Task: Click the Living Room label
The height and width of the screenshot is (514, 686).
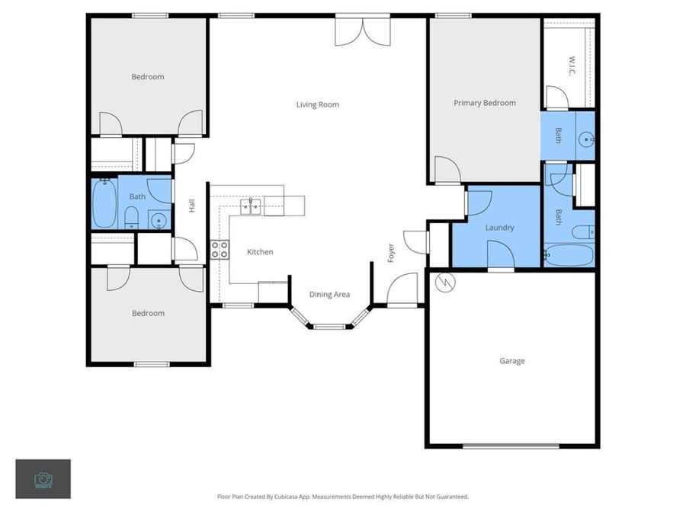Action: (318, 104)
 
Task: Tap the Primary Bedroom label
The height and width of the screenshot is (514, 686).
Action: (485, 103)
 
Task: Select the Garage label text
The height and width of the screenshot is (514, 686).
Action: (512, 361)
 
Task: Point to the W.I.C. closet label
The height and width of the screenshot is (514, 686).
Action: (572, 65)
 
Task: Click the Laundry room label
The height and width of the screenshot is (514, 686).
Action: (499, 228)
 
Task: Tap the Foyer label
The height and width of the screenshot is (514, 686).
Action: (392, 253)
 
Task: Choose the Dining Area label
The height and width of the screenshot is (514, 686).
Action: (329, 294)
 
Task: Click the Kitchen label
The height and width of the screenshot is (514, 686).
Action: (260, 252)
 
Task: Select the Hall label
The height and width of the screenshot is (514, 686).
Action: (192, 206)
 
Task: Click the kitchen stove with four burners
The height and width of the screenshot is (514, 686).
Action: (220, 249)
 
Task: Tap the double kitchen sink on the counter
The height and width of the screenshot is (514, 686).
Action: (252, 205)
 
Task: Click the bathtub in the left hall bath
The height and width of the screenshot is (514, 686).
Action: (104, 203)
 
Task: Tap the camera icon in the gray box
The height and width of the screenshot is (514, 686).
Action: (43, 479)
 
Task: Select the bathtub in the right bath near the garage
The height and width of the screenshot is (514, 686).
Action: (568, 255)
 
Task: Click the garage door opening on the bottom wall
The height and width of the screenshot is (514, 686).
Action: (511, 445)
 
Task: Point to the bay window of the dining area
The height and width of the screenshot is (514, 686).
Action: (329, 326)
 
